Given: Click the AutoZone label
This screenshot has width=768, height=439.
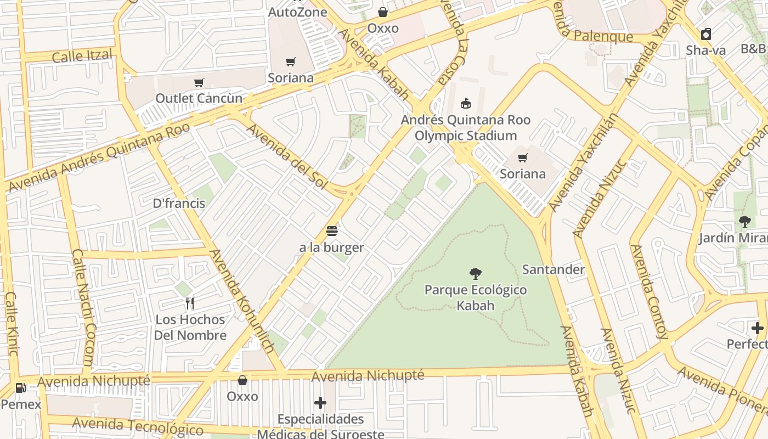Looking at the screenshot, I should tap(297, 12).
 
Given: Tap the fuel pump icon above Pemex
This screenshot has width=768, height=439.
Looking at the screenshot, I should tap(21, 388).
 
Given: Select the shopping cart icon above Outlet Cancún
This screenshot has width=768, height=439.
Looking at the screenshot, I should tap(199, 83).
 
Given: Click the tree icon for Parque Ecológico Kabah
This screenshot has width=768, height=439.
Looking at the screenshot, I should tap(476, 273).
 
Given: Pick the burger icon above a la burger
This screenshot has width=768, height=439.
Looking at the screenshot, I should tap(331, 230).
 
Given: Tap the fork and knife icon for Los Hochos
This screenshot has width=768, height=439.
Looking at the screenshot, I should tap(190, 303).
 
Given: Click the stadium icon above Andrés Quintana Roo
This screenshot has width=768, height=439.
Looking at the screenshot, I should tap(465, 103).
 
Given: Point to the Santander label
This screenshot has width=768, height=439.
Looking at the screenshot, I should tap(553, 269).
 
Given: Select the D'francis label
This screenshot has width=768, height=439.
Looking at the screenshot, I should tap(179, 203).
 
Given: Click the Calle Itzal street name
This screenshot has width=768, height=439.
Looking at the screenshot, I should tap(82, 55).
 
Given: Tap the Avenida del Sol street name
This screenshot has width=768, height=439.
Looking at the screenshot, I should tap(286, 156).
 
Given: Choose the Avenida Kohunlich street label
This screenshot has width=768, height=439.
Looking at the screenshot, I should tap(242, 301).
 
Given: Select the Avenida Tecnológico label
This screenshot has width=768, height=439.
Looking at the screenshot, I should tap(137, 426).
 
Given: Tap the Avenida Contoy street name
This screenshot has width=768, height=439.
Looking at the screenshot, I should tap(648, 291).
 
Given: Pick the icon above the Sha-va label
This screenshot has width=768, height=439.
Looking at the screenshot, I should tap(706, 33).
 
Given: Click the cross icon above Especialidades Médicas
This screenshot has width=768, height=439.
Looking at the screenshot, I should tap(320, 403).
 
